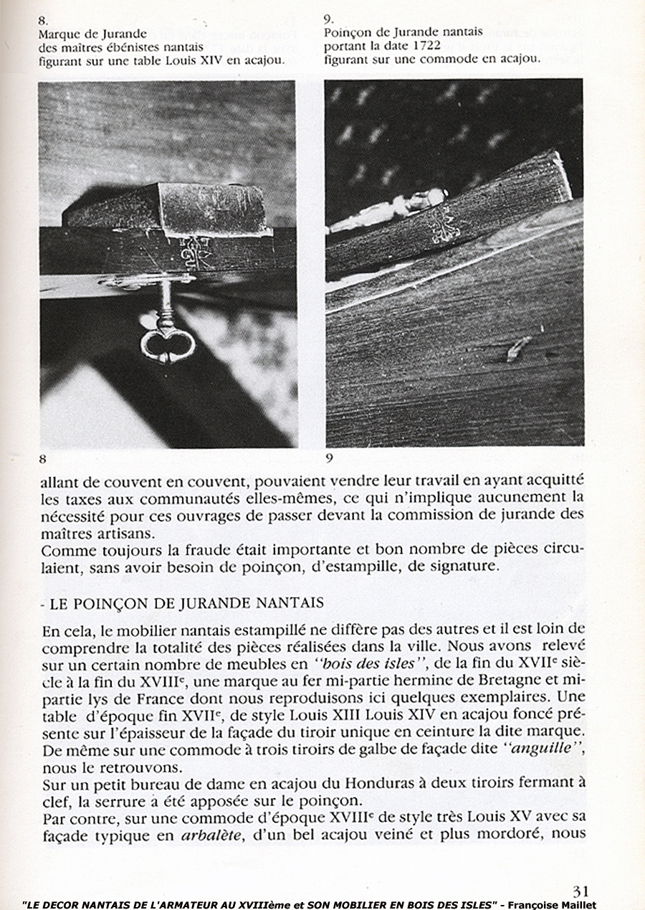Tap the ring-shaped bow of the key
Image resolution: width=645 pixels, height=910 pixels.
pyautogui.click(x=168, y=348)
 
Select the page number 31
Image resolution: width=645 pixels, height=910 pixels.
pyautogui.click(x=580, y=891)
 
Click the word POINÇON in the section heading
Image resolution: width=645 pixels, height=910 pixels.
pyautogui.click(x=105, y=603)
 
